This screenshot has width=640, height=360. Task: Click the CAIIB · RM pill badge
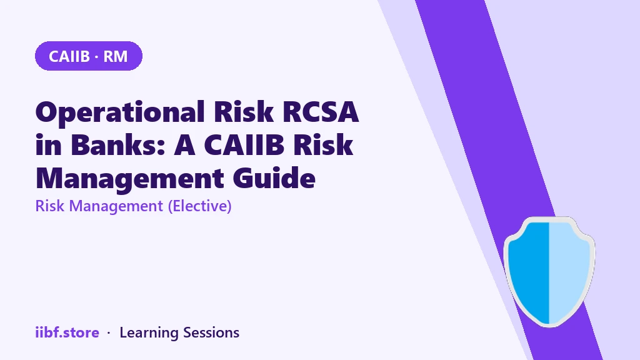[89, 56]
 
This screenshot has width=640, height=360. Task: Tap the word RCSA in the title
[321, 111]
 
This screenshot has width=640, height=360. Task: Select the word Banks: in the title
[118, 144]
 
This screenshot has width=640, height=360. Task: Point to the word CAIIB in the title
[244, 145]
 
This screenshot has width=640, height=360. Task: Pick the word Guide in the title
[274, 178]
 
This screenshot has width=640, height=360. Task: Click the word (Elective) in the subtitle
[199, 206]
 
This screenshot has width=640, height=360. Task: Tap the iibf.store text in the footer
[67, 332]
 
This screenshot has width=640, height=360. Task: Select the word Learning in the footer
[149, 333]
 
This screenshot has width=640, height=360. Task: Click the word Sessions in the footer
[211, 332]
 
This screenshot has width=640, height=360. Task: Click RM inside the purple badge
[116, 56]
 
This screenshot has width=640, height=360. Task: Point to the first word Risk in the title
[244, 111]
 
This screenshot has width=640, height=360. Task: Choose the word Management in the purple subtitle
[116, 206]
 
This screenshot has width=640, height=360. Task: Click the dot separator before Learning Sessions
[109, 333]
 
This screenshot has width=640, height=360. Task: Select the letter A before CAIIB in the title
[184, 145]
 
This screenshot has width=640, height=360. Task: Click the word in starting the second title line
[49, 145]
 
